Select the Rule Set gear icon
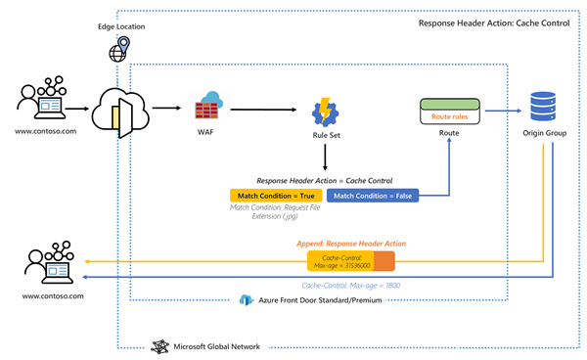pos(325,111)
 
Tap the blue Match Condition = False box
pos(372,196)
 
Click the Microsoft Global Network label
pos(215,346)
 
